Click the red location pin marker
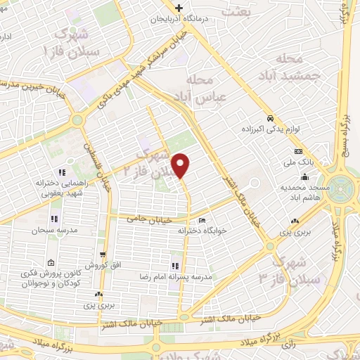click(181, 165)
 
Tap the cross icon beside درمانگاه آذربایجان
click(180, 8)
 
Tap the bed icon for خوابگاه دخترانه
click(202, 221)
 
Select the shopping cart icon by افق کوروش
click(103, 255)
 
